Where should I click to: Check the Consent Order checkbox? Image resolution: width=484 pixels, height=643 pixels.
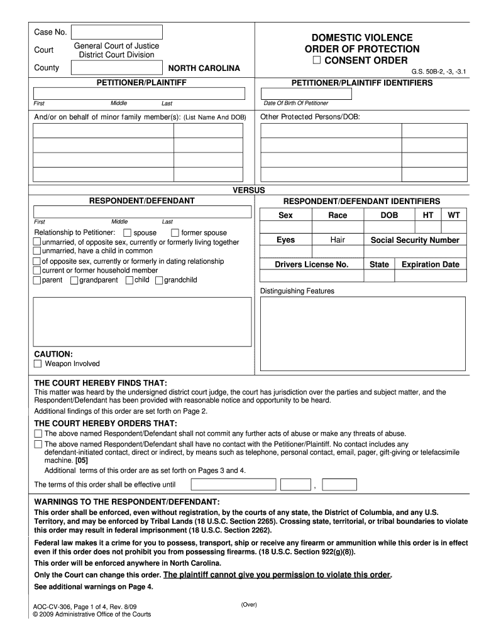pos(316,60)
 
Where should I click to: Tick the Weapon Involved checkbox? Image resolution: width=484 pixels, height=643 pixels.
pos(38,364)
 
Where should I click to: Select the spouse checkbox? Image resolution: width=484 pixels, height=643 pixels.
pos(128,233)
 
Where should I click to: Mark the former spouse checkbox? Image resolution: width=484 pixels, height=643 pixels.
pos(175,233)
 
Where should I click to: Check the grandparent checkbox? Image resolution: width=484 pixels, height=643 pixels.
pos(74,280)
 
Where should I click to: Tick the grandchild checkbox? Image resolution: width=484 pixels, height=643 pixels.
pos(159,280)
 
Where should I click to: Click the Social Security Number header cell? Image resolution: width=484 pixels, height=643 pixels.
pos(415,240)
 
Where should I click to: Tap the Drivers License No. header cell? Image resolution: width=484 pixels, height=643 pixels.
pos(311,264)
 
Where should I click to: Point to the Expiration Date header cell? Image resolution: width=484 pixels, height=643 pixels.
pos(431,264)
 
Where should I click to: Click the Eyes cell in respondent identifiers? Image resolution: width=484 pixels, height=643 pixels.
pos(285,240)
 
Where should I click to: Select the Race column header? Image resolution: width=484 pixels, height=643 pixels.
pos(338,215)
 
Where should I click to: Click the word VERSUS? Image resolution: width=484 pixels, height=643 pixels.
pos(249,190)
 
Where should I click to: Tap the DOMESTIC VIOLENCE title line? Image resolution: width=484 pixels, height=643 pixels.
pos(362,38)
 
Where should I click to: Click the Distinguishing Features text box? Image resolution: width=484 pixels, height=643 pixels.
pos(363,333)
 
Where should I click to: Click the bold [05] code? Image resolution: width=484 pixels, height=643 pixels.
pos(81,460)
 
